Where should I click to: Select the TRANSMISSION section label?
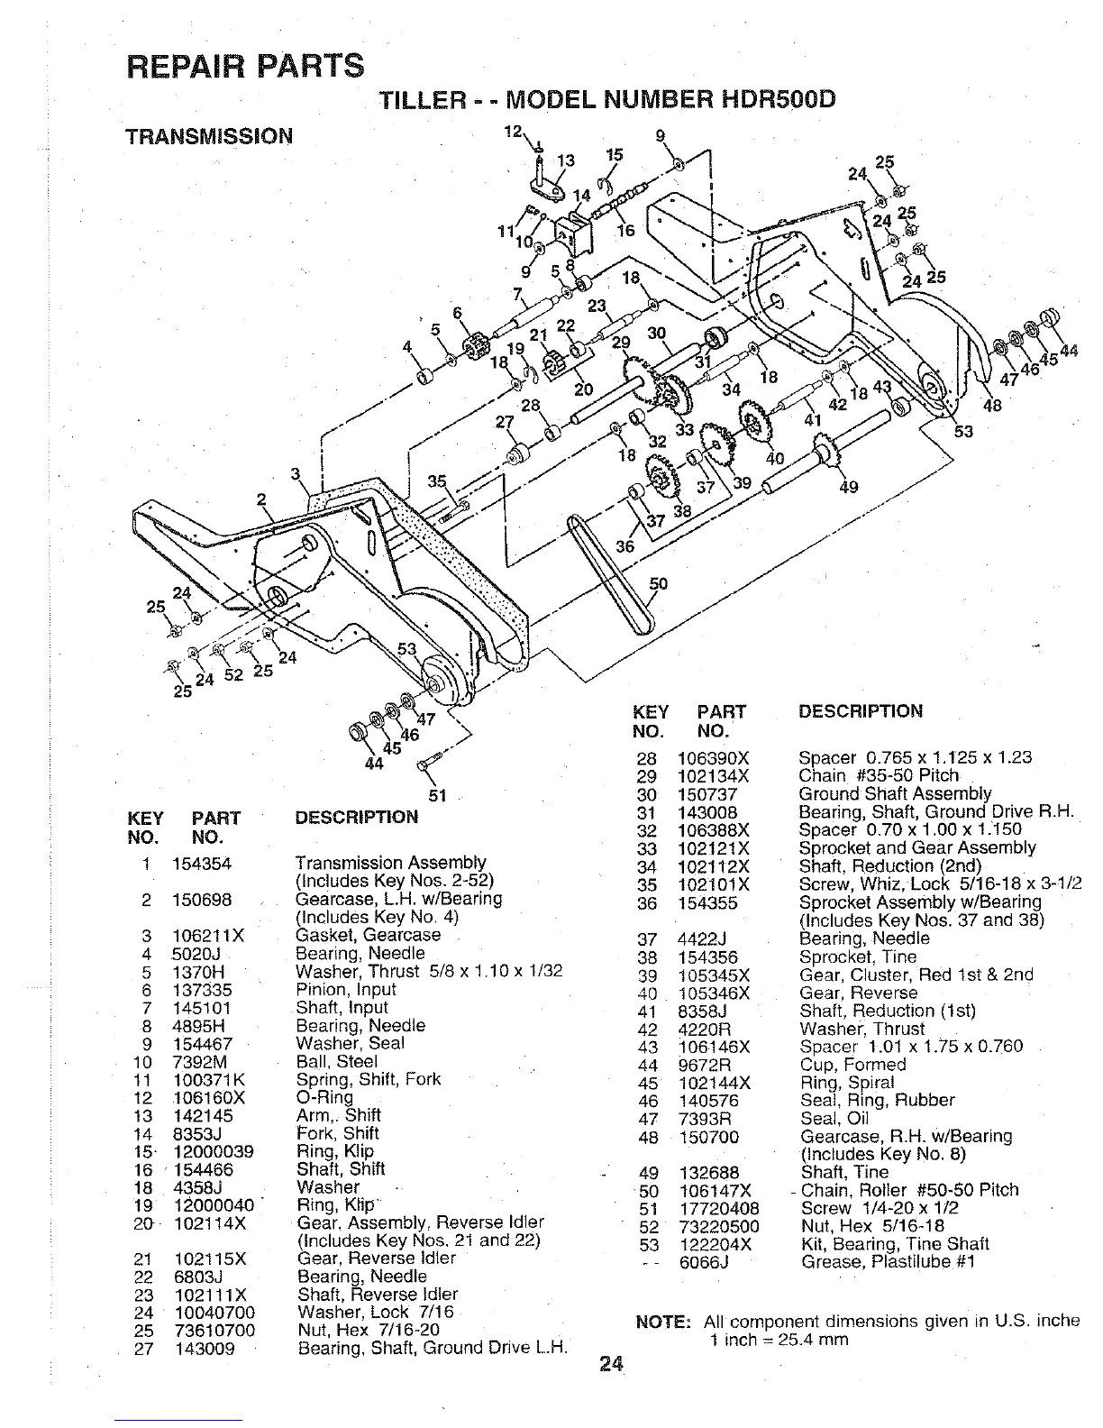[209, 136]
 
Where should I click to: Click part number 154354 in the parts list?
[202, 864]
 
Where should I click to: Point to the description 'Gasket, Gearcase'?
[368, 935]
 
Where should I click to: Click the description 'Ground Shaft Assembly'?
[895, 793]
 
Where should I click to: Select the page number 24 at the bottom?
[611, 1364]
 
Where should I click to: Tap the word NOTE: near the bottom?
[662, 1322]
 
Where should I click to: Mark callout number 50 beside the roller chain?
[659, 583]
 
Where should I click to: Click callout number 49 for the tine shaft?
[848, 488]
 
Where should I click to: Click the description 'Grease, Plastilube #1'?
[888, 1262]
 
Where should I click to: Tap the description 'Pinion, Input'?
[345, 989]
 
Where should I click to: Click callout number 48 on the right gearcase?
[992, 406]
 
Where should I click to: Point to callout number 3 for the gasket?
[295, 474]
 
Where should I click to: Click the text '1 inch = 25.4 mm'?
[779, 1340]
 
